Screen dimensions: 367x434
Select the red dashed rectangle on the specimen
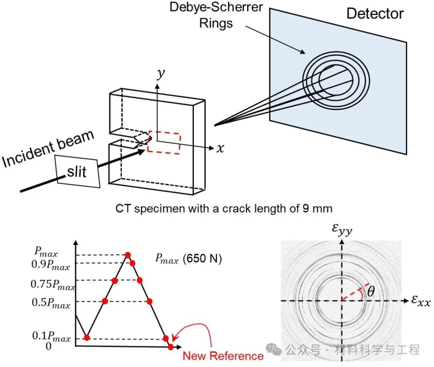(x=164, y=141)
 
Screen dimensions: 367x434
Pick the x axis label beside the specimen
(x=220, y=149)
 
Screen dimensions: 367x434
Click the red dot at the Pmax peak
(x=128, y=255)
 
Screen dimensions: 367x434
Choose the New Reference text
(x=223, y=356)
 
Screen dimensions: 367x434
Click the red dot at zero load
(x=171, y=347)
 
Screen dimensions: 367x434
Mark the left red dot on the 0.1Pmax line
(x=86, y=337)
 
